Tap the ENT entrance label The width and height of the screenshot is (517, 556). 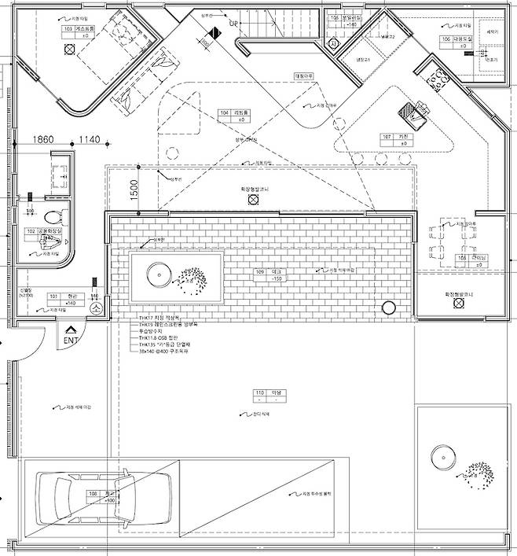coord(71,340)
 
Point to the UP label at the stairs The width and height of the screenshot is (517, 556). coord(233,24)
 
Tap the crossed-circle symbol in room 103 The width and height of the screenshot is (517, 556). coord(70,49)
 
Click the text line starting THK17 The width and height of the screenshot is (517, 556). coord(169,318)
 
